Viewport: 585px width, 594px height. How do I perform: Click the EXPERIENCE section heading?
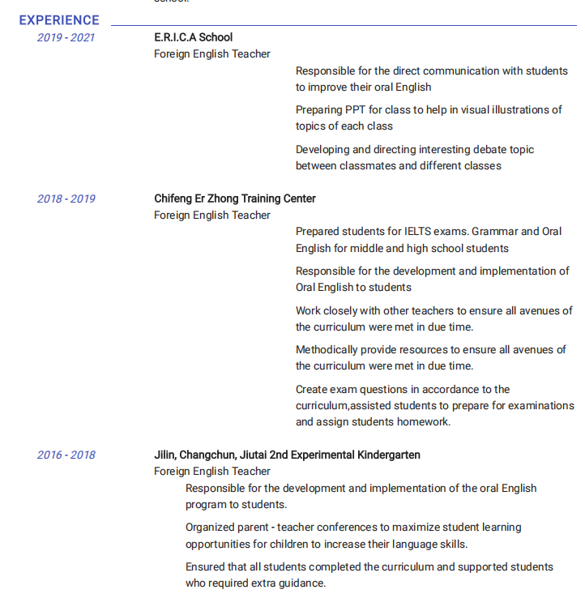[59, 20]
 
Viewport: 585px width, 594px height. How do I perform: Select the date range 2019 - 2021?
[66, 37]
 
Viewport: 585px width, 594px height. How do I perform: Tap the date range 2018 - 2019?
[66, 199]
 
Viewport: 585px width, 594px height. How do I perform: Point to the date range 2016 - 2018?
[66, 455]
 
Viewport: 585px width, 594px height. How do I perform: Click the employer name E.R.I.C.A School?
[193, 37]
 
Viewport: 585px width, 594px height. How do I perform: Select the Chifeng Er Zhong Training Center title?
[235, 199]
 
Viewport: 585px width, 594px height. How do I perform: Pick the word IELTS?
[418, 232]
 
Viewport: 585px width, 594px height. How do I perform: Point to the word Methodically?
[327, 349]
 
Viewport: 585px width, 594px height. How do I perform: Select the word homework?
[423, 421]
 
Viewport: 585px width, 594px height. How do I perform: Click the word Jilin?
[164, 455]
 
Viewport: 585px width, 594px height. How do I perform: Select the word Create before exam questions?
[311, 389]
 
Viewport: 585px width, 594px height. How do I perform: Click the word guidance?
[301, 583]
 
